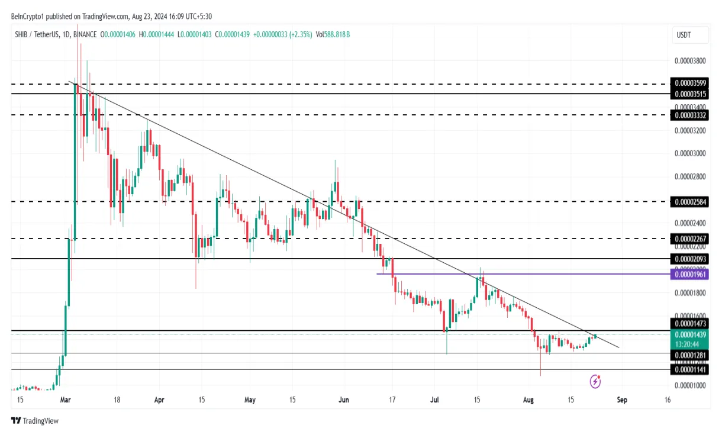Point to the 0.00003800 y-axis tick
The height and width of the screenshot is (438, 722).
690,60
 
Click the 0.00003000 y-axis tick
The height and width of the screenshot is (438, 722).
690,153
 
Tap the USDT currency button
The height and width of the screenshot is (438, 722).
684,35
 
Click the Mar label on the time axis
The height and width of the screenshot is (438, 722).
65,400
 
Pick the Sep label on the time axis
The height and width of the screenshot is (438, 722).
621,400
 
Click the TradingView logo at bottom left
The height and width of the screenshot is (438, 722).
35,421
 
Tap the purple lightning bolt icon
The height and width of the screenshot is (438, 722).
596,382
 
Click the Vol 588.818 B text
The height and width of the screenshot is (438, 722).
333,35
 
